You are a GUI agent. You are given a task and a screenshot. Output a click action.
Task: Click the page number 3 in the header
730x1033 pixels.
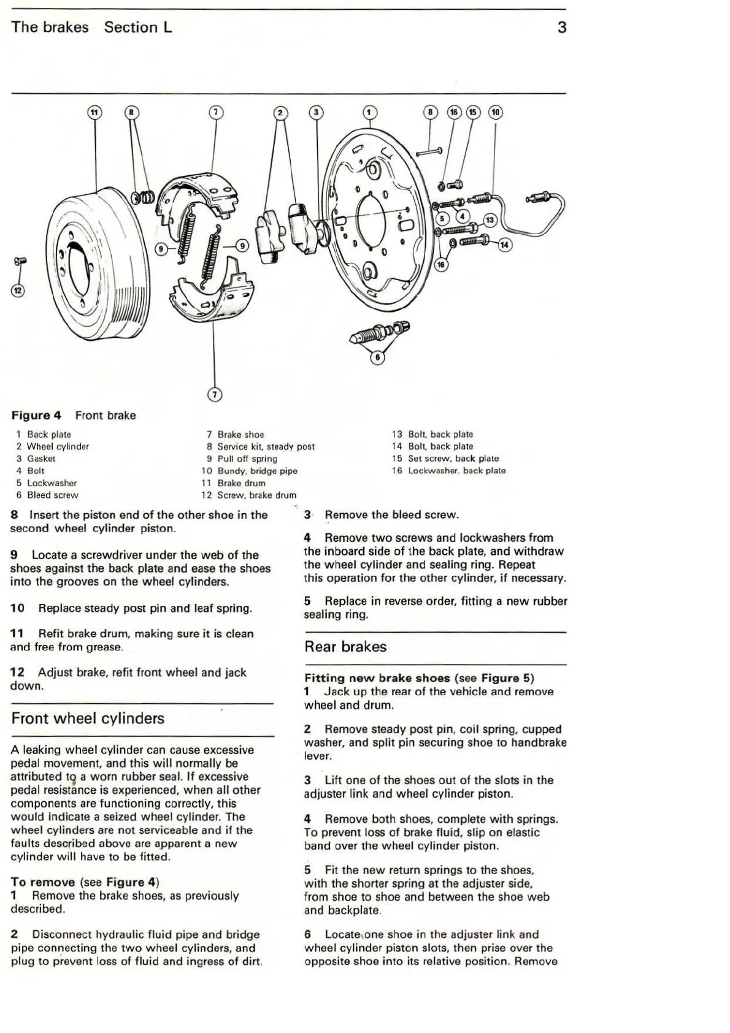pyautogui.click(x=561, y=28)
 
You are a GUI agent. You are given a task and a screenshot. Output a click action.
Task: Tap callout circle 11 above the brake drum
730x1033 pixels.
pyautogui.click(x=94, y=112)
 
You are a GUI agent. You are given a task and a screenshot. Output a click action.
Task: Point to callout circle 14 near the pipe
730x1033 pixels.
pyautogui.click(x=504, y=245)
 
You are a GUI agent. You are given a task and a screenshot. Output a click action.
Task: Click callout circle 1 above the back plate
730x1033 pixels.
pyautogui.click(x=369, y=112)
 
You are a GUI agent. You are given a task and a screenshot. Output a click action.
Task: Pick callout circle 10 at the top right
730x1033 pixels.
pyautogui.click(x=495, y=112)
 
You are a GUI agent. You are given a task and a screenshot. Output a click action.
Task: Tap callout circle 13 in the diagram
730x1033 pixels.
pyautogui.click(x=490, y=221)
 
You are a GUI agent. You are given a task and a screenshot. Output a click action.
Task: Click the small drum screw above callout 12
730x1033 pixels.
pyautogui.click(x=18, y=262)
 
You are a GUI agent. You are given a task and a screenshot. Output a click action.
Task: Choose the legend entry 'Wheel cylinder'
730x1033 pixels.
pyautogui.click(x=58, y=446)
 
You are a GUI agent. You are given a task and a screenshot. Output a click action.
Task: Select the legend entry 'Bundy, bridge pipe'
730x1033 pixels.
pyautogui.click(x=257, y=471)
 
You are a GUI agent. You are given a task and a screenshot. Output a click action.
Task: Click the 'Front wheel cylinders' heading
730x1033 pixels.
pyautogui.click(x=88, y=718)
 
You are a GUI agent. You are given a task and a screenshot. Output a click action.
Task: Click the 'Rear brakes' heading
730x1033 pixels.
pyautogui.click(x=345, y=647)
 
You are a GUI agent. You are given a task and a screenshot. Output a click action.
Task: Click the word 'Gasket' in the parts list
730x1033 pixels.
pyautogui.click(x=41, y=459)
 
